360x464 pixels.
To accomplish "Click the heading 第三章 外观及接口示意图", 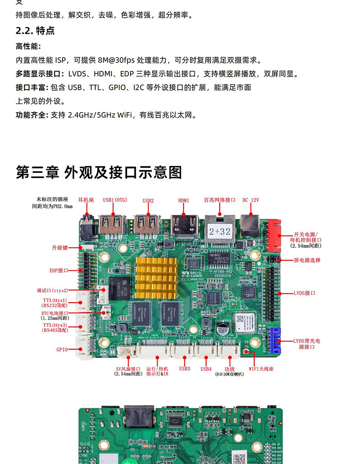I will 99,172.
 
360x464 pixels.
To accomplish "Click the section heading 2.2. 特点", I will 35,31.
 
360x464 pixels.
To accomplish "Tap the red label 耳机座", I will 86,200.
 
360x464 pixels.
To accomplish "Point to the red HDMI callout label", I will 183,200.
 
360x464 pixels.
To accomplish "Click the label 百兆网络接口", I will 220,200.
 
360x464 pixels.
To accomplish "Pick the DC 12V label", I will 251,200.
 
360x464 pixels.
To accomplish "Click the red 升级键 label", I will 59,247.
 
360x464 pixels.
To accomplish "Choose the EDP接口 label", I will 59,270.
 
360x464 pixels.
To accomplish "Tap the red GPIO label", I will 62,349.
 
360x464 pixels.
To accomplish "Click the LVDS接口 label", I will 304,293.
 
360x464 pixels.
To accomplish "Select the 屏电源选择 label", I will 307,260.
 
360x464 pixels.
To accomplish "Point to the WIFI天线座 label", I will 261,369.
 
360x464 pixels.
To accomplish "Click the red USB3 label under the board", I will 185,369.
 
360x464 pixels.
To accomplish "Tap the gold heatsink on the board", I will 155,274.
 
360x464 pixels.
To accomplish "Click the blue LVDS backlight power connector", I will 275,340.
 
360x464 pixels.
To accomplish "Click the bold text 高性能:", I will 28,46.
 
